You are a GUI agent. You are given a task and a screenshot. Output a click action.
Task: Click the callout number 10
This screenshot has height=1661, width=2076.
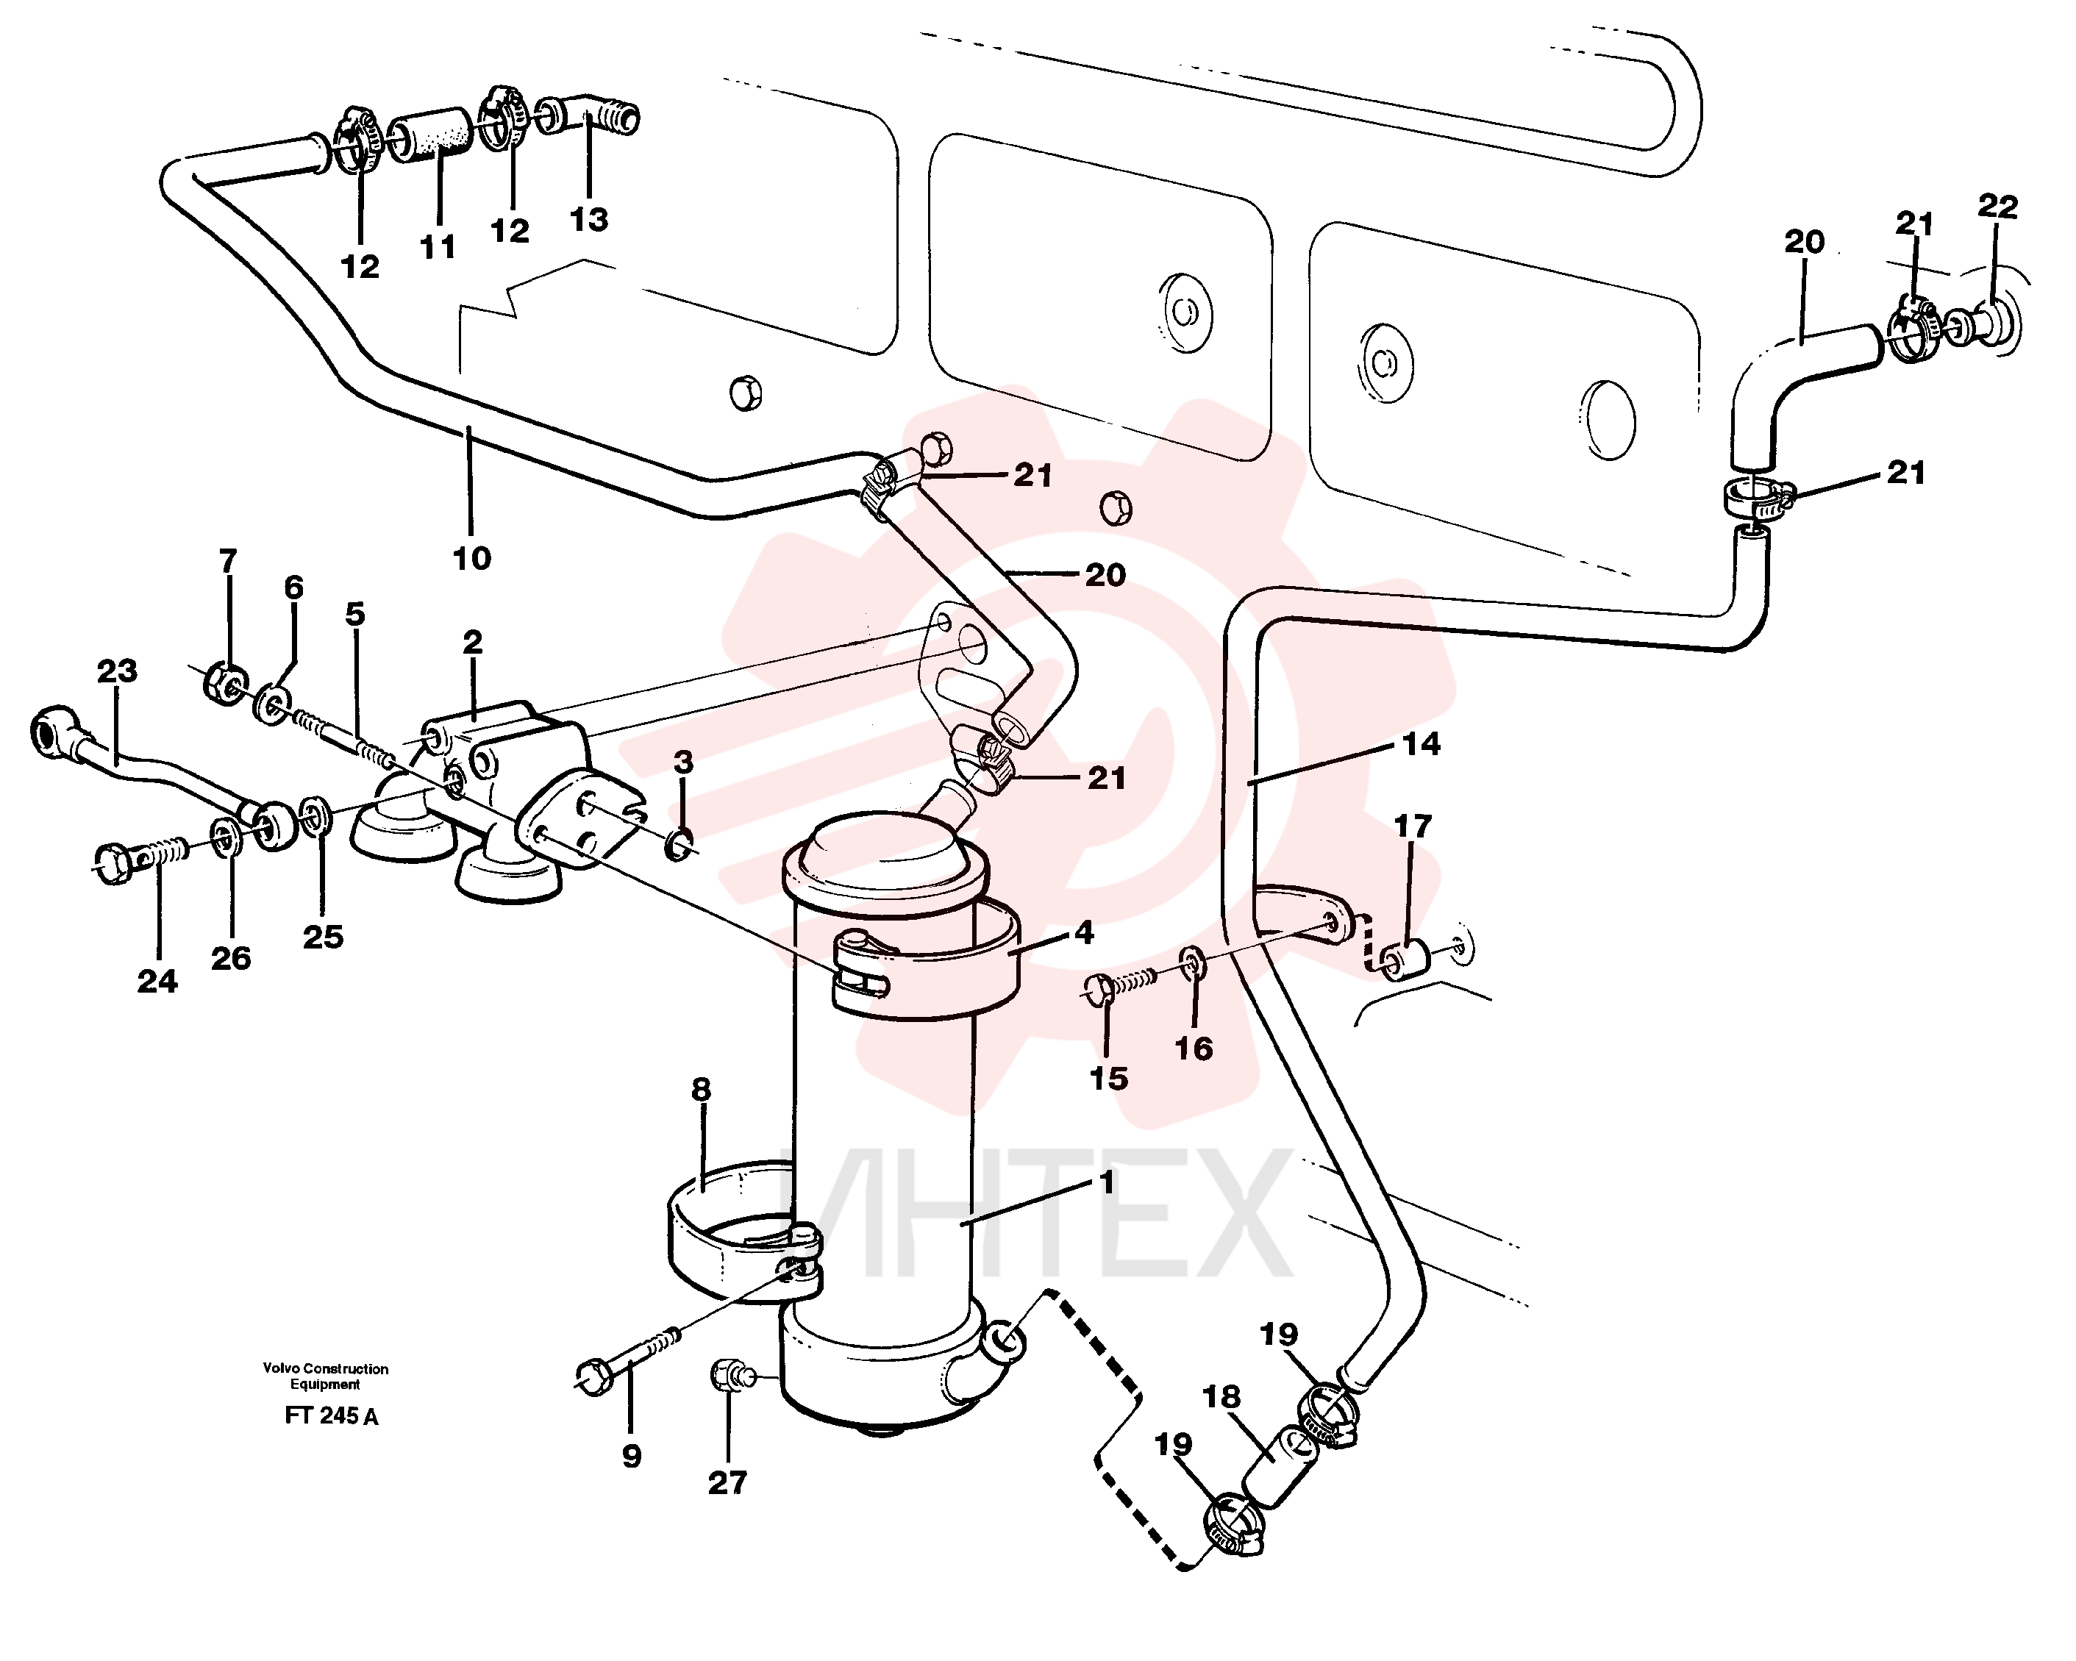pos(472,557)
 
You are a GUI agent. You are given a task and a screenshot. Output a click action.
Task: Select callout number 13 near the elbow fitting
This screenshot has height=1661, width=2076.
pos(589,220)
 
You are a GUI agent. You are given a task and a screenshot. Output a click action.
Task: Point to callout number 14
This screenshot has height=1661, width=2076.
pos(1422,743)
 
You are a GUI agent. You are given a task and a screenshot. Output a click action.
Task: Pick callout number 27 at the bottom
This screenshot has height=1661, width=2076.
pos(727,1483)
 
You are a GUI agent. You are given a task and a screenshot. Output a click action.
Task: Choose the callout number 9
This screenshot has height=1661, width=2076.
pos(632,1456)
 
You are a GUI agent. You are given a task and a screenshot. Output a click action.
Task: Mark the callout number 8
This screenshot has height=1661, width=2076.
pos(701,1090)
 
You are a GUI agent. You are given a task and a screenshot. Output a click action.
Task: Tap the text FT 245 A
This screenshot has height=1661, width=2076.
pos(331,1416)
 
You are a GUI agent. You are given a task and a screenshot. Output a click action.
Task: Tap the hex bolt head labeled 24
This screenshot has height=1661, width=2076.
pos(115,862)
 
